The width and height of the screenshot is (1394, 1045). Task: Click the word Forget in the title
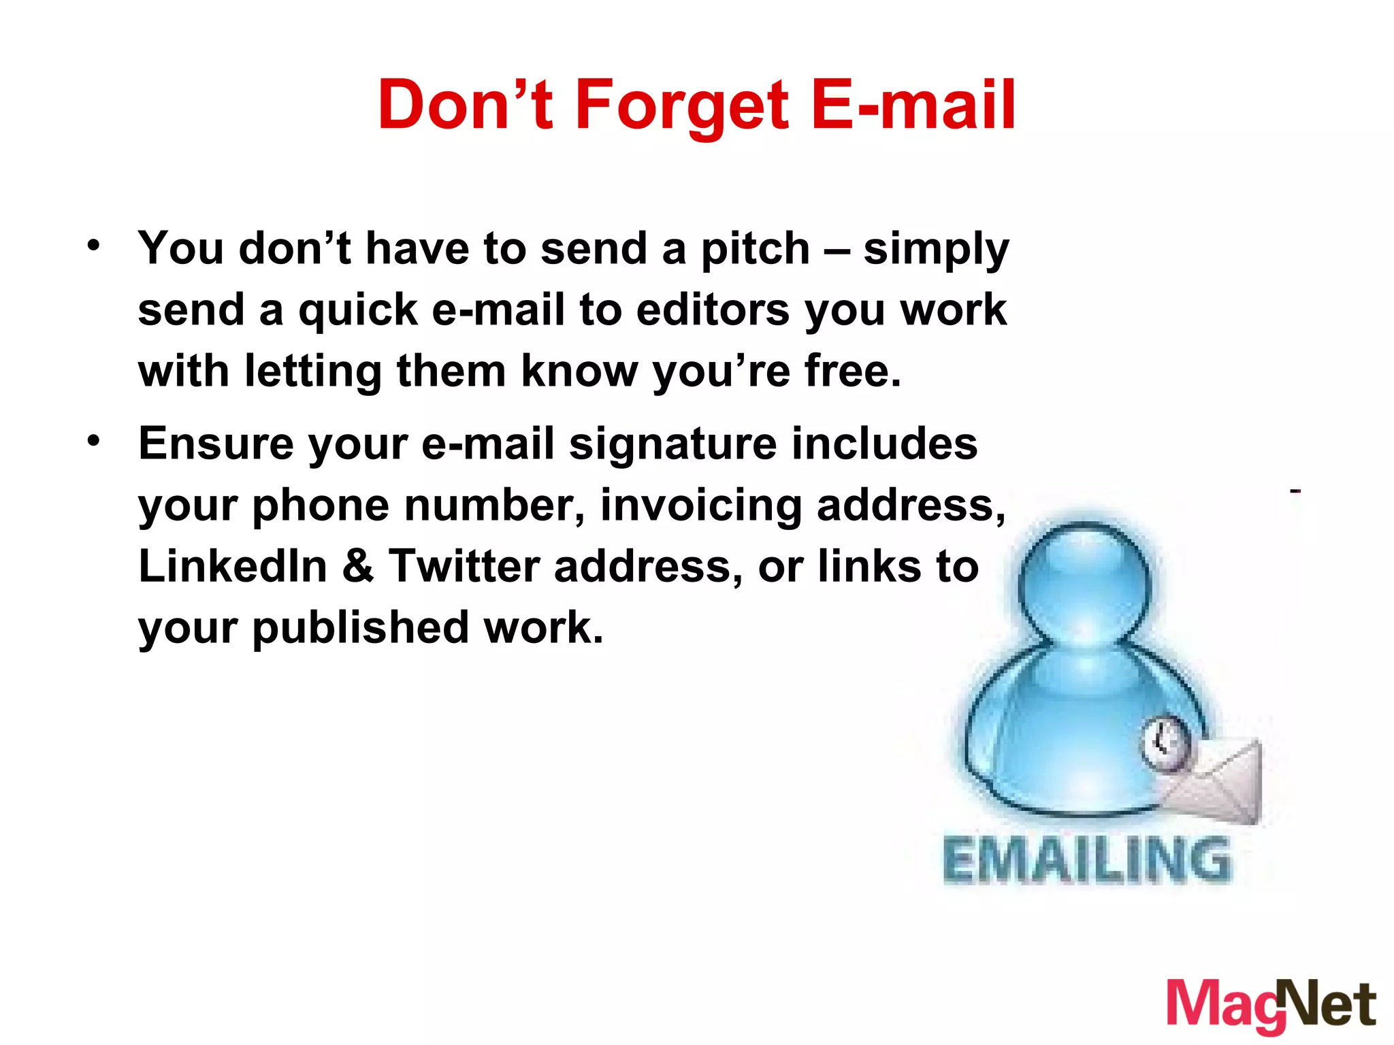(x=682, y=105)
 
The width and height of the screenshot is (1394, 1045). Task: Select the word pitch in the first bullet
(x=756, y=249)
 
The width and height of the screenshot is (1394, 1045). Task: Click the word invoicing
(x=701, y=506)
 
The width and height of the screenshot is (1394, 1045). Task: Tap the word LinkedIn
(x=233, y=567)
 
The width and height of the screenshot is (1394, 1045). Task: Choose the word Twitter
(x=464, y=567)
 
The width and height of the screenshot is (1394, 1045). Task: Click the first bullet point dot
(x=94, y=245)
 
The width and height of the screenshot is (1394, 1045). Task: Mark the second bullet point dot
(x=94, y=441)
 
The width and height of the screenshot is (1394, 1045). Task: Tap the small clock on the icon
(x=1165, y=743)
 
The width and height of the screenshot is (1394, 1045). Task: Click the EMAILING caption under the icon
(x=1086, y=861)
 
